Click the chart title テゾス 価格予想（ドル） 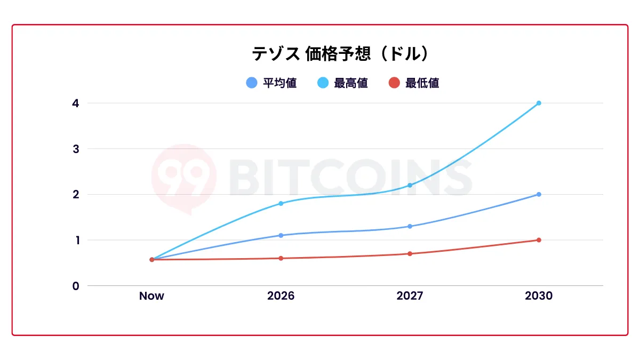(340, 54)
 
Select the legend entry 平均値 (272, 83)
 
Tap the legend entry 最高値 (343, 83)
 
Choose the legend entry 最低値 (414, 83)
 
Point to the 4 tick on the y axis (76, 103)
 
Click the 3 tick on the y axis (76, 149)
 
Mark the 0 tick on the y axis (76, 286)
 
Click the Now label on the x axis (151, 296)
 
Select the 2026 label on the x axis (281, 296)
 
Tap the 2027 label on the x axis (410, 296)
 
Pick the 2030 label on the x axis (539, 296)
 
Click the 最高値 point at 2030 (539, 103)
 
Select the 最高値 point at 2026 (281, 203)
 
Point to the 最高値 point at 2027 (410, 185)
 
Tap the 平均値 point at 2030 (539, 194)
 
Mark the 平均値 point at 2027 (410, 226)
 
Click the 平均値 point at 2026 (281, 235)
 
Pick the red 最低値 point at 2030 (539, 240)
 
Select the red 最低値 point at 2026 (281, 258)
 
